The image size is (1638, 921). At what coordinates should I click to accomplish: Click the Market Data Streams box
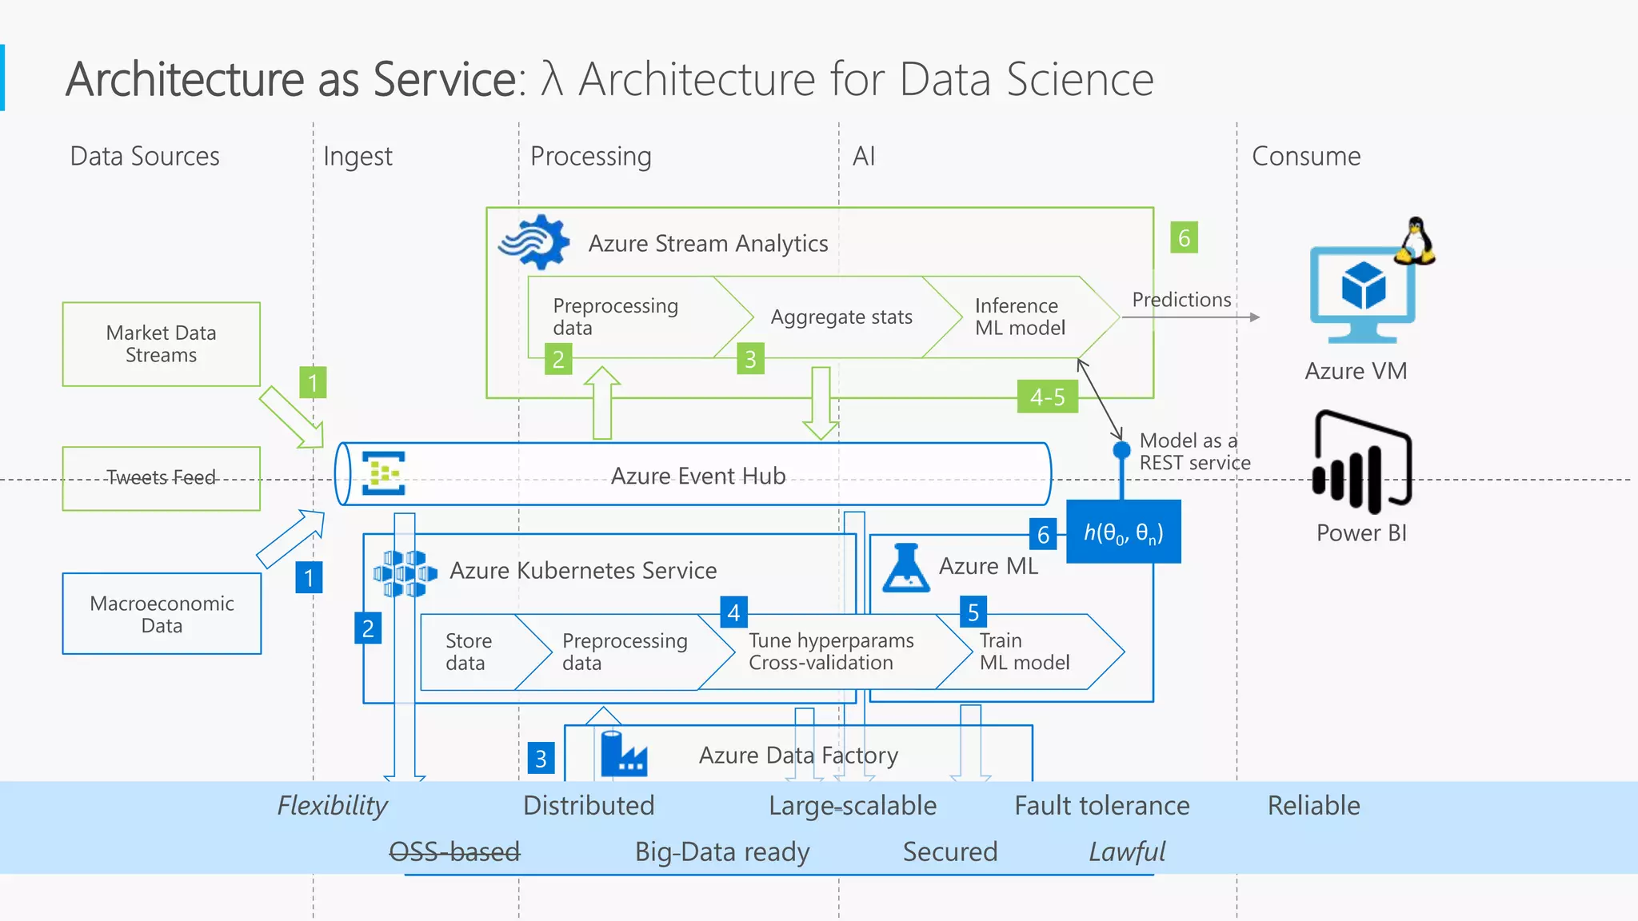point(161,344)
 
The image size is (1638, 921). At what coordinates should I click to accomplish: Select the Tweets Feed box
point(161,478)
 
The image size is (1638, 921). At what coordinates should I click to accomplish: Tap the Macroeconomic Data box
point(162,614)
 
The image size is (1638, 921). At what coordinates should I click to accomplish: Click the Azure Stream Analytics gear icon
point(534,241)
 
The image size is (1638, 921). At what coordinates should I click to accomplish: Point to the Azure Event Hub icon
point(383,473)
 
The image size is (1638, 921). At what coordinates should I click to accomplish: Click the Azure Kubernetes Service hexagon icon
point(405,572)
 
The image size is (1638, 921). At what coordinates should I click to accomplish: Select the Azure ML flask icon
point(905,568)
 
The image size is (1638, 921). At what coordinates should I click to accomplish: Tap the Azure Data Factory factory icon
point(623,753)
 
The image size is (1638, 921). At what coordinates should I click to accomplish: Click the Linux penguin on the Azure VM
point(1415,241)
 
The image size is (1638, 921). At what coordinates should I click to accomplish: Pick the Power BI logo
point(1361,462)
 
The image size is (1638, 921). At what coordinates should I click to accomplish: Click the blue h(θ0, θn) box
point(1123,532)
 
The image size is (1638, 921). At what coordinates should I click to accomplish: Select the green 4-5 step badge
point(1047,397)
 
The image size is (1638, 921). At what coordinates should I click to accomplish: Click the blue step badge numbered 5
point(973,612)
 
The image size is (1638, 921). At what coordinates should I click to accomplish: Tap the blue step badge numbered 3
point(541,758)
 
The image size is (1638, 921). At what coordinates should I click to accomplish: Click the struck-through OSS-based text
point(454,851)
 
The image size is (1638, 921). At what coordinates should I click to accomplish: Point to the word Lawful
point(1126,851)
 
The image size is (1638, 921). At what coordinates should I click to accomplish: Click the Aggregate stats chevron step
point(841,317)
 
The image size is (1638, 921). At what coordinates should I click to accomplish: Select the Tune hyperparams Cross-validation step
point(830,652)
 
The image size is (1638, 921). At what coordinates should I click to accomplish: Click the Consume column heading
point(1305,156)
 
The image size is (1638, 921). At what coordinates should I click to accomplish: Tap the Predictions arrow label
point(1181,300)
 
